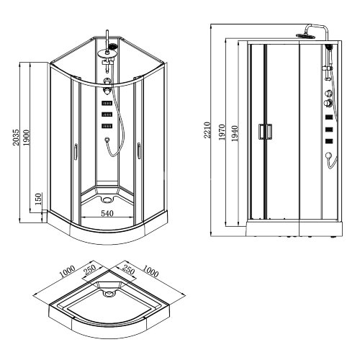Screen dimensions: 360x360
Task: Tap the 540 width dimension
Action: click(x=107, y=214)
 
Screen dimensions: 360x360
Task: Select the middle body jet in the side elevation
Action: click(x=329, y=130)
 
